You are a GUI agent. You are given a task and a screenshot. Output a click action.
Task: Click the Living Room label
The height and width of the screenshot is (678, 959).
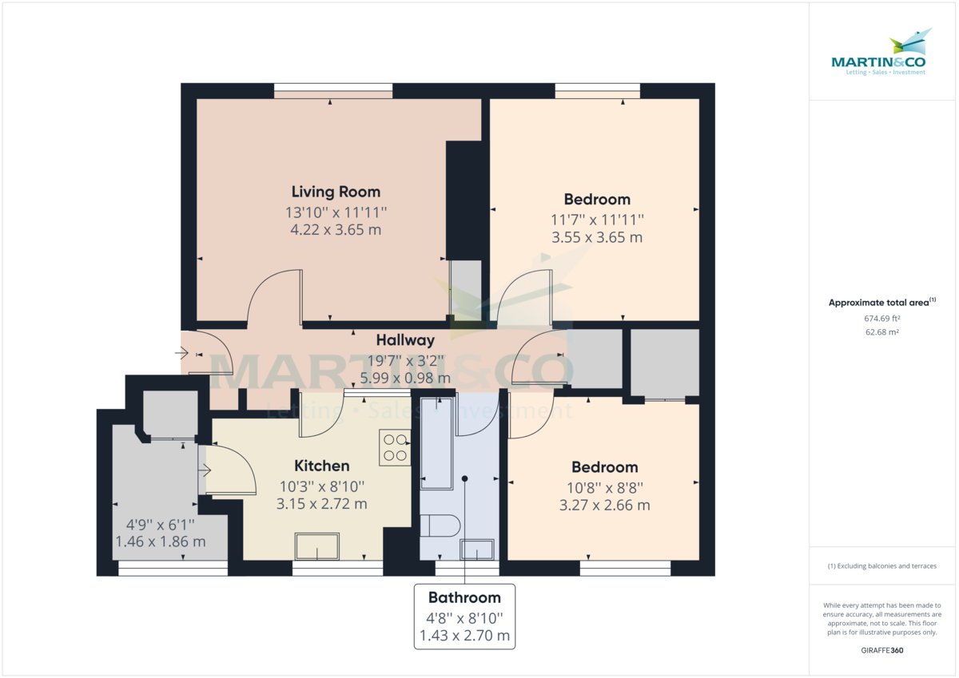point(336,192)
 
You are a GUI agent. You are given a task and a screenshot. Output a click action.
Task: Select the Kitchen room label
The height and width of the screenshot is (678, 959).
point(322,466)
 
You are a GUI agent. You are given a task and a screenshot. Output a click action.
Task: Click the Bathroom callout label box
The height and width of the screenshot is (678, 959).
point(464,616)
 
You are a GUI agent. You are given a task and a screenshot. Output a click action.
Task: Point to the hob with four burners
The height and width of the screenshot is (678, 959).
point(395,447)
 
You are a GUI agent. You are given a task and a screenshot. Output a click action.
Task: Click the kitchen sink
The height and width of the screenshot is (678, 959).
point(317,547)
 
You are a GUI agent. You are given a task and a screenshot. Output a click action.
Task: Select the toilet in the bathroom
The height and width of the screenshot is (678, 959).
point(439,526)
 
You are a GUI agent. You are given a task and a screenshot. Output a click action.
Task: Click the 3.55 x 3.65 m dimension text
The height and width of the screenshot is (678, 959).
point(597,237)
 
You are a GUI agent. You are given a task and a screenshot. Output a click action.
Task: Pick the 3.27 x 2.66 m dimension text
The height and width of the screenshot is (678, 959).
point(604,505)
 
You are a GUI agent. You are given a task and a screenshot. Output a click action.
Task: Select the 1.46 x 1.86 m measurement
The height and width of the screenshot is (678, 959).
point(160,541)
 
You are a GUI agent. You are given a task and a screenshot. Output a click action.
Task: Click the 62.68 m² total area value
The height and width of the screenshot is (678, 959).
point(883,332)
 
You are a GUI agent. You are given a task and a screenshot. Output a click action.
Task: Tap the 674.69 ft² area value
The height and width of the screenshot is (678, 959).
point(883,318)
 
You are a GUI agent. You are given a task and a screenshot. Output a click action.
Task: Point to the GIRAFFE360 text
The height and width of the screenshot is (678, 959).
point(883,651)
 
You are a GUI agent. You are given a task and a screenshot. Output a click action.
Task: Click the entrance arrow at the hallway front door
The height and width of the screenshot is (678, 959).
point(186,349)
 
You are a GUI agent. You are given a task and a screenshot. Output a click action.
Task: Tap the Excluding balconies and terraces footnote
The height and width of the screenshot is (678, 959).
point(883,566)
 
